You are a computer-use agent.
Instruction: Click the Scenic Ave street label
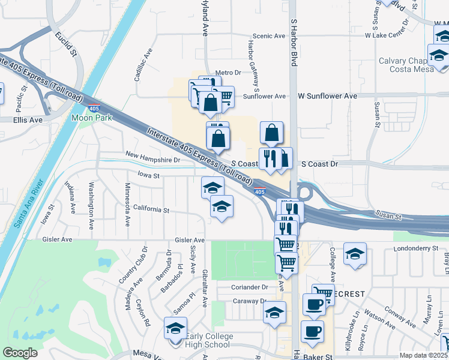(268, 36)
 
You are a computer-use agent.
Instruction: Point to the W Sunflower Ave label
(328, 96)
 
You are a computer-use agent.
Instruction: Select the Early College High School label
(207, 340)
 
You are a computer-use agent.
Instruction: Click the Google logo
(20, 353)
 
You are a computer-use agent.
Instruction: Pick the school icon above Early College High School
(175, 328)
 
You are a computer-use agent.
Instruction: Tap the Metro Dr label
(228, 73)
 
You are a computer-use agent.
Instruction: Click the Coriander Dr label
(250, 287)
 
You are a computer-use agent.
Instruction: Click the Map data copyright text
(423, 355)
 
